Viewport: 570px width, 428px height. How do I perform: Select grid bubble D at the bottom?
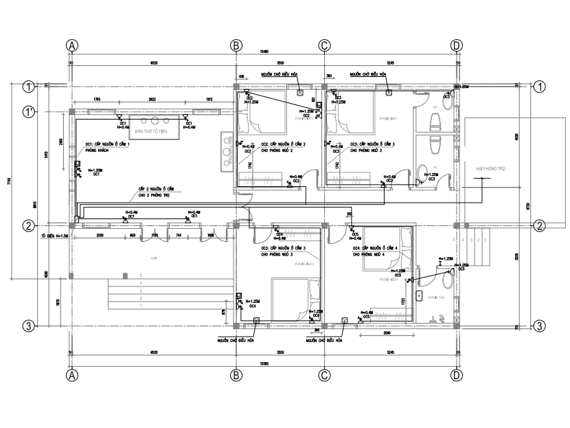click(456, 375)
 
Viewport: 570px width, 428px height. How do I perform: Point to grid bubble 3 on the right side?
click(540, 326)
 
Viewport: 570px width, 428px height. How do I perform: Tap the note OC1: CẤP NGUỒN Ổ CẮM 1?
click(106, 145)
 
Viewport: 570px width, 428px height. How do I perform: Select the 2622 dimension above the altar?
click(152, 100)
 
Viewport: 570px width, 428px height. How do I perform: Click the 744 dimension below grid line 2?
click(178, 235)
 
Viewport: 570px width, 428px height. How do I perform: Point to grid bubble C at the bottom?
click(324, 375)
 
